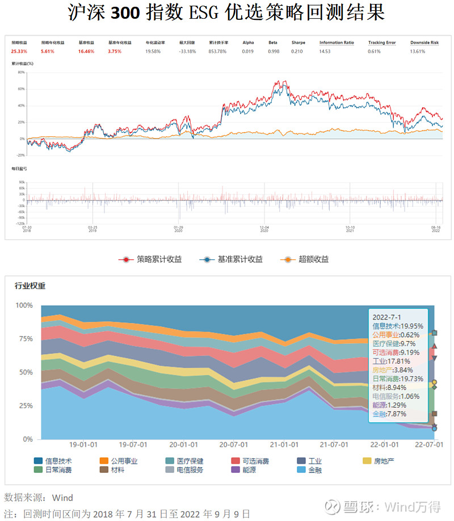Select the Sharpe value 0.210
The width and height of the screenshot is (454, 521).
pos(297,51)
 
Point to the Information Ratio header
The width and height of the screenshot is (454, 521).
pos(336,43)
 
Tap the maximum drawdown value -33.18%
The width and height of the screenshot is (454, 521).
pos(187,51)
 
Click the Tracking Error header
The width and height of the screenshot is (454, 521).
pos(382,43)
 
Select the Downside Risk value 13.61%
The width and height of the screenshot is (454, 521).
pos(424,51)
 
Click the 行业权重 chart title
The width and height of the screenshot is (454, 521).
pos(30,285)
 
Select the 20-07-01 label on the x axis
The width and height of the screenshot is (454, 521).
pos(233,444)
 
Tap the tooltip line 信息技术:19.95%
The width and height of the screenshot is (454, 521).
pos(398,326)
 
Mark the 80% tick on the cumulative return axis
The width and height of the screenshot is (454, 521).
pos(21,72)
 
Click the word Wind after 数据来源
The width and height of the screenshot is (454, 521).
pos(62,498)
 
